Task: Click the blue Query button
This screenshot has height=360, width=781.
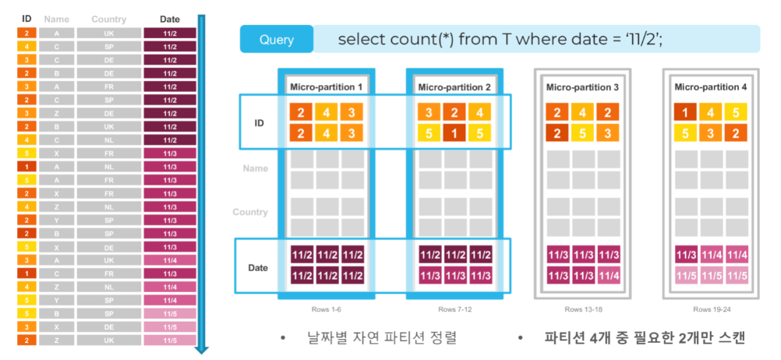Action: tap(277, 39)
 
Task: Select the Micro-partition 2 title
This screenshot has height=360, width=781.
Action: tap(454, 86)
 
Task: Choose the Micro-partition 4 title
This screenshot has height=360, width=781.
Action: tap(710, 87)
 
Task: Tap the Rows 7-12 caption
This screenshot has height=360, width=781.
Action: tap(454, 309)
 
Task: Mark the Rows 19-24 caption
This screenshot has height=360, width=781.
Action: tap(710, 309)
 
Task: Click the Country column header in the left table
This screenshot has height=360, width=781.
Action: tap(108, 18)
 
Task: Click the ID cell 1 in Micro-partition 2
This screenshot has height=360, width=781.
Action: tap(454, 133)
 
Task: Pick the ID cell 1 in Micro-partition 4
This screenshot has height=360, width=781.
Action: tap(685, 112)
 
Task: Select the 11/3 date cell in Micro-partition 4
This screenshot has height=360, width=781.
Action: tap(685, 256)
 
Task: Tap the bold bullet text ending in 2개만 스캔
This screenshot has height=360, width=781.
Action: tap(644, 338)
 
